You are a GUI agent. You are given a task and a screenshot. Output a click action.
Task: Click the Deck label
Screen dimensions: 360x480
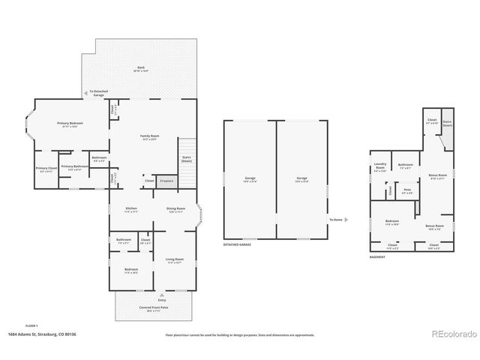point(140,68)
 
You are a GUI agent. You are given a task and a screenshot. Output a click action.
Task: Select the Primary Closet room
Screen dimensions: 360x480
point(46,169)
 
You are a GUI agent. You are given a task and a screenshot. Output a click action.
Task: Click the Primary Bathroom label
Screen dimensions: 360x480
point(73,167)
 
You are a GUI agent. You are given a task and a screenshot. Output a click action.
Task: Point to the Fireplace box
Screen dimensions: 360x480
point(166,181)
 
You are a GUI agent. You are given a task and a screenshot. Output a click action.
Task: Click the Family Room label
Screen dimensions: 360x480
point(150,137)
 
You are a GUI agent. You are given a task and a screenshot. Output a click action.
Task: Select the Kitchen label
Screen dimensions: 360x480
point(130,209)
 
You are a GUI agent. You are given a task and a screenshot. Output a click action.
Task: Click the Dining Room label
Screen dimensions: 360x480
point(175,209)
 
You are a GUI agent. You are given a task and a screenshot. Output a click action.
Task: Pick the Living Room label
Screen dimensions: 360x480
point(175,260)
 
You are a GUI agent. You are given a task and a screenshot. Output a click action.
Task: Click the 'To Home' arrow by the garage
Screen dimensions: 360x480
point(346,220)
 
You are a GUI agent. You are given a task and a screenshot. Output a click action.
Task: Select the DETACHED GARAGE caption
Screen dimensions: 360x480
point(236,245)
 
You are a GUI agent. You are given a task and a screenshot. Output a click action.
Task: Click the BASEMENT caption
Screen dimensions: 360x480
point(379,256)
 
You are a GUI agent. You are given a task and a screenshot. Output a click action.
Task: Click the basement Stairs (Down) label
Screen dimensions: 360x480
point(447,124)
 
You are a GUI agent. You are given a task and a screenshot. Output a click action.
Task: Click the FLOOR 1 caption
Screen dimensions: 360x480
point(31,325)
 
